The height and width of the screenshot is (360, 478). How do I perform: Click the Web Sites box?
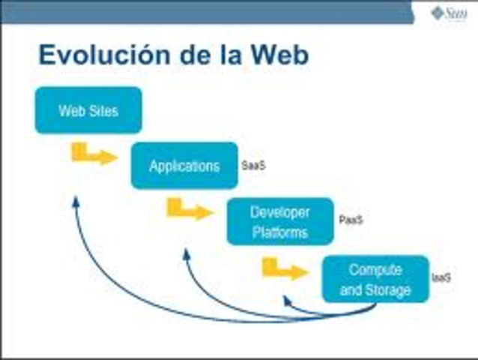coord(88,110)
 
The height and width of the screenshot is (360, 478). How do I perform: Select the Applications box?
coord(184,166)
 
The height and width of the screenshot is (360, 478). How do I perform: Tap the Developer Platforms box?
coord(279,221)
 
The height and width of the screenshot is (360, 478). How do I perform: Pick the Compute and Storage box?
coord(375,279)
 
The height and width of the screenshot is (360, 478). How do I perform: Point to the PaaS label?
coord(351,221)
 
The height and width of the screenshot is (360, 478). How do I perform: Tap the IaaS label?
coord(441,277)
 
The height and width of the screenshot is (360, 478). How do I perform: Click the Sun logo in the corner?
coord(448,13)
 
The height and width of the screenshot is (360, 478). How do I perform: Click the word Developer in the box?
coord(279,212)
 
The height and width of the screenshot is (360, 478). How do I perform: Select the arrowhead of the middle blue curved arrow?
coord(186,254)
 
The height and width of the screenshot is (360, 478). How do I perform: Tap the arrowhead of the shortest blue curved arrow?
coord(285,300)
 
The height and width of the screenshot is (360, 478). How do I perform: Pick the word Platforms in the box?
coord(279,232)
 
